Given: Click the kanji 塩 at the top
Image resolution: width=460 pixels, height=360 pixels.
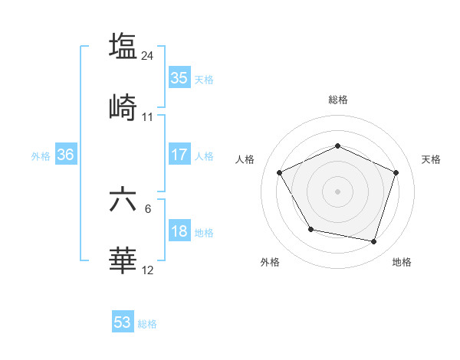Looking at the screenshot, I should [x=123, y=45].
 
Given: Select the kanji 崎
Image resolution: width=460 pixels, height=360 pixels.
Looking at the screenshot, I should [x=123, y=107].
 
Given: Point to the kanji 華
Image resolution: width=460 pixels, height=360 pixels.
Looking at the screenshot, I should [x=123, y=260].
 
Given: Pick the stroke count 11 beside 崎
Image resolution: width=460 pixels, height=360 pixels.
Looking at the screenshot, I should [x=148, y=117].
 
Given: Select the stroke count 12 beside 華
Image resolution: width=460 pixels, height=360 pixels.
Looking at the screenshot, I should [x=148, y=270].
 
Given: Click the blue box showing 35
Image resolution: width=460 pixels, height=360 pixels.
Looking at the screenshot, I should [x=179, y=78].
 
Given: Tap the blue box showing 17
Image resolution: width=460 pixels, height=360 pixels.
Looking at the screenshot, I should [x=179, y=155].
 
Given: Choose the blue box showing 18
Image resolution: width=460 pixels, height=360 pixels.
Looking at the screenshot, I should [x=179, y=232].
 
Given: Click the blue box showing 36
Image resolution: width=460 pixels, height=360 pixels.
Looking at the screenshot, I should [x=66, y=155].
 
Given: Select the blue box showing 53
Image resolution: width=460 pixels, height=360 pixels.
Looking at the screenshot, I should [x=123, y=322].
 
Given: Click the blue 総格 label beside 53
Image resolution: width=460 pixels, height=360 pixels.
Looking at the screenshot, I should [x=147, y=324].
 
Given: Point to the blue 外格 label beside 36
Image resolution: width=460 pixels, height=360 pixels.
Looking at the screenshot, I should [x=41, y=155].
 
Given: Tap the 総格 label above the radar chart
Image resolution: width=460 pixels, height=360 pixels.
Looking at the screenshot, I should [x=338, y=100].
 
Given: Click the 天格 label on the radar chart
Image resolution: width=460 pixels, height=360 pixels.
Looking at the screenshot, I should [x=431, y=159].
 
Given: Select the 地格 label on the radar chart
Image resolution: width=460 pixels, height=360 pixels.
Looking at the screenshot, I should [x=402, y=262].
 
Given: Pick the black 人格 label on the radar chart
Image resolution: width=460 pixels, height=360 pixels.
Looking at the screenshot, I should [x=245, y=159].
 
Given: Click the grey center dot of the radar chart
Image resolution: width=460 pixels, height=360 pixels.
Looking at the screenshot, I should [x=337, y=191].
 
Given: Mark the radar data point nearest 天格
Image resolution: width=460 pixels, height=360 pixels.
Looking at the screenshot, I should [x=396, y=172].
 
